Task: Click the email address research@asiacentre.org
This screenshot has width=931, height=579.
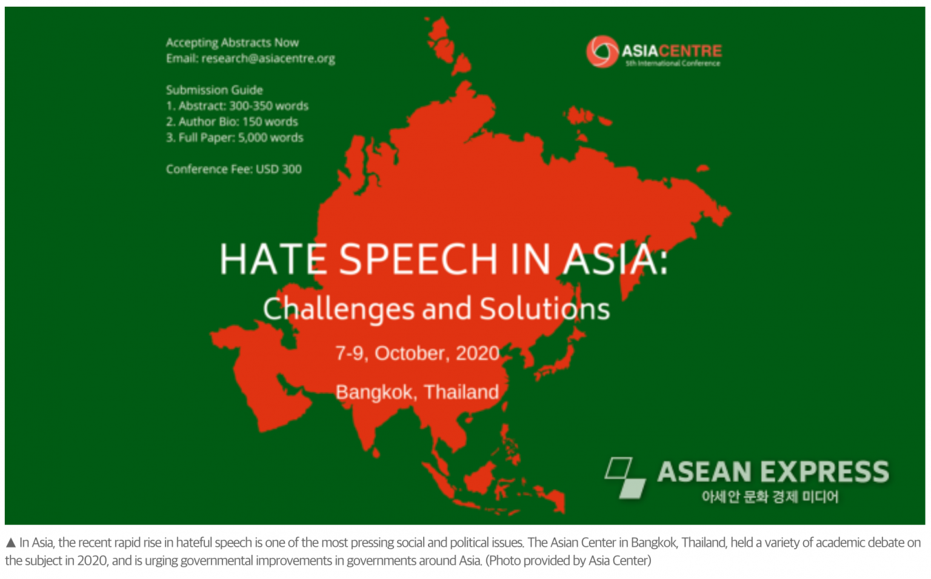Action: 268,59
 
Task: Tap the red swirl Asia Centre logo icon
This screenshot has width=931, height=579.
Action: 602,52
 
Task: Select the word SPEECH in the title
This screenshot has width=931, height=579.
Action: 418,259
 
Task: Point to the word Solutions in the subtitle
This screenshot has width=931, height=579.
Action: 545,309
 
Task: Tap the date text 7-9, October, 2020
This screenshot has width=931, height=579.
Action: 417,353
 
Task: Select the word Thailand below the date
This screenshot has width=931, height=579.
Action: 461,392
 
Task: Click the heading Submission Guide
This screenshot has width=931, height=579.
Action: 215,90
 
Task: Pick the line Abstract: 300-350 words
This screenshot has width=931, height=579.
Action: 244,106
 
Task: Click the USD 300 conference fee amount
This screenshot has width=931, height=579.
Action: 278,169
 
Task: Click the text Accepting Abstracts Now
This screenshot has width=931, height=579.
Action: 232,43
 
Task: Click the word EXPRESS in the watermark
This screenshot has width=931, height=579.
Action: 825,472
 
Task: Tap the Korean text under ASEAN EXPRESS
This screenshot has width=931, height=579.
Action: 770,497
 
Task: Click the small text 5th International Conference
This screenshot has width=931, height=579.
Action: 673,64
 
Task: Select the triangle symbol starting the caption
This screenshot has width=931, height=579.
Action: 11,543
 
